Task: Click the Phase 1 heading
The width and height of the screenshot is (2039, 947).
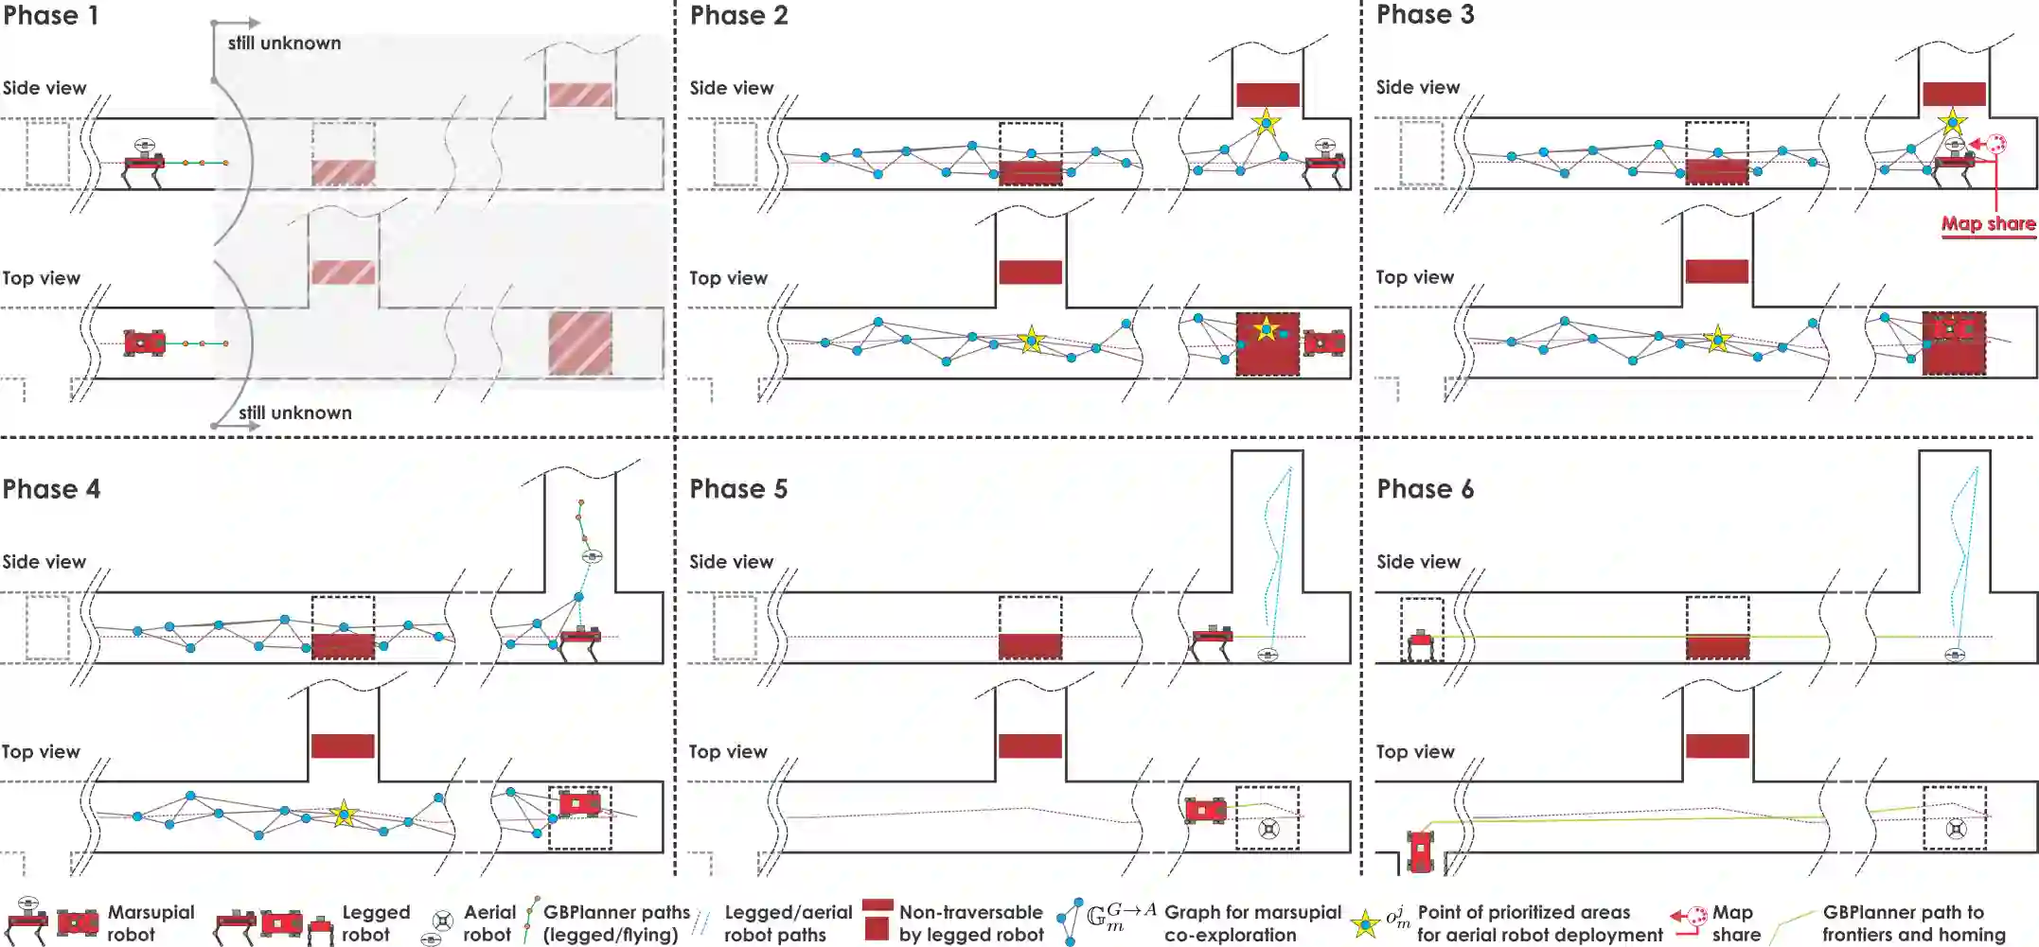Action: click(50, 16)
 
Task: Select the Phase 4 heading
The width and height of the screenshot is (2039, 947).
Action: click(51, 489)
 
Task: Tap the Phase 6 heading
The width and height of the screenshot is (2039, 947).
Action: click(1425, 489)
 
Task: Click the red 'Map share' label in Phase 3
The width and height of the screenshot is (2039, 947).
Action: click(1988, 224)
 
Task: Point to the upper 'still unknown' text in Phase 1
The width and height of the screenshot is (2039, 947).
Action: click(284, 44)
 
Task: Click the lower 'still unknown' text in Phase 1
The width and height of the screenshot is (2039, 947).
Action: click(294, 413)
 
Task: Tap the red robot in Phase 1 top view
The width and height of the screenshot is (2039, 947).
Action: click(145, 342)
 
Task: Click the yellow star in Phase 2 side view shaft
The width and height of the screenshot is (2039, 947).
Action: click(1266, 122)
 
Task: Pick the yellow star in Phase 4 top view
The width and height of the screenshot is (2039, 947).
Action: click(344, 814)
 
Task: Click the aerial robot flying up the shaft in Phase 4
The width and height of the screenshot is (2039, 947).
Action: click(592, 556)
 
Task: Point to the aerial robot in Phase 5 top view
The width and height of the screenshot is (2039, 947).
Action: click(1268, 830)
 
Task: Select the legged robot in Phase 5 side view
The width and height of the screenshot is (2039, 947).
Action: click(1212, 640)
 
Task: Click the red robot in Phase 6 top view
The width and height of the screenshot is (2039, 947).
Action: click(1421, 850)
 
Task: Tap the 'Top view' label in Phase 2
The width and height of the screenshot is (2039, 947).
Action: click(727, 278)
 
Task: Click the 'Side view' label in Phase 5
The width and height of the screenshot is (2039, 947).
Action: click(731, 562)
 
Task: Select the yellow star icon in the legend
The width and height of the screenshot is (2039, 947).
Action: click(1365, 924)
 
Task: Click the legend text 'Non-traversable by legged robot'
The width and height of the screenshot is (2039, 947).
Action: click(971, 924)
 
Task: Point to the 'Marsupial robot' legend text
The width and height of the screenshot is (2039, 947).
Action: click(151, 924)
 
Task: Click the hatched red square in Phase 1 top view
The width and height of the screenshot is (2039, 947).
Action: click(580, 343)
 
